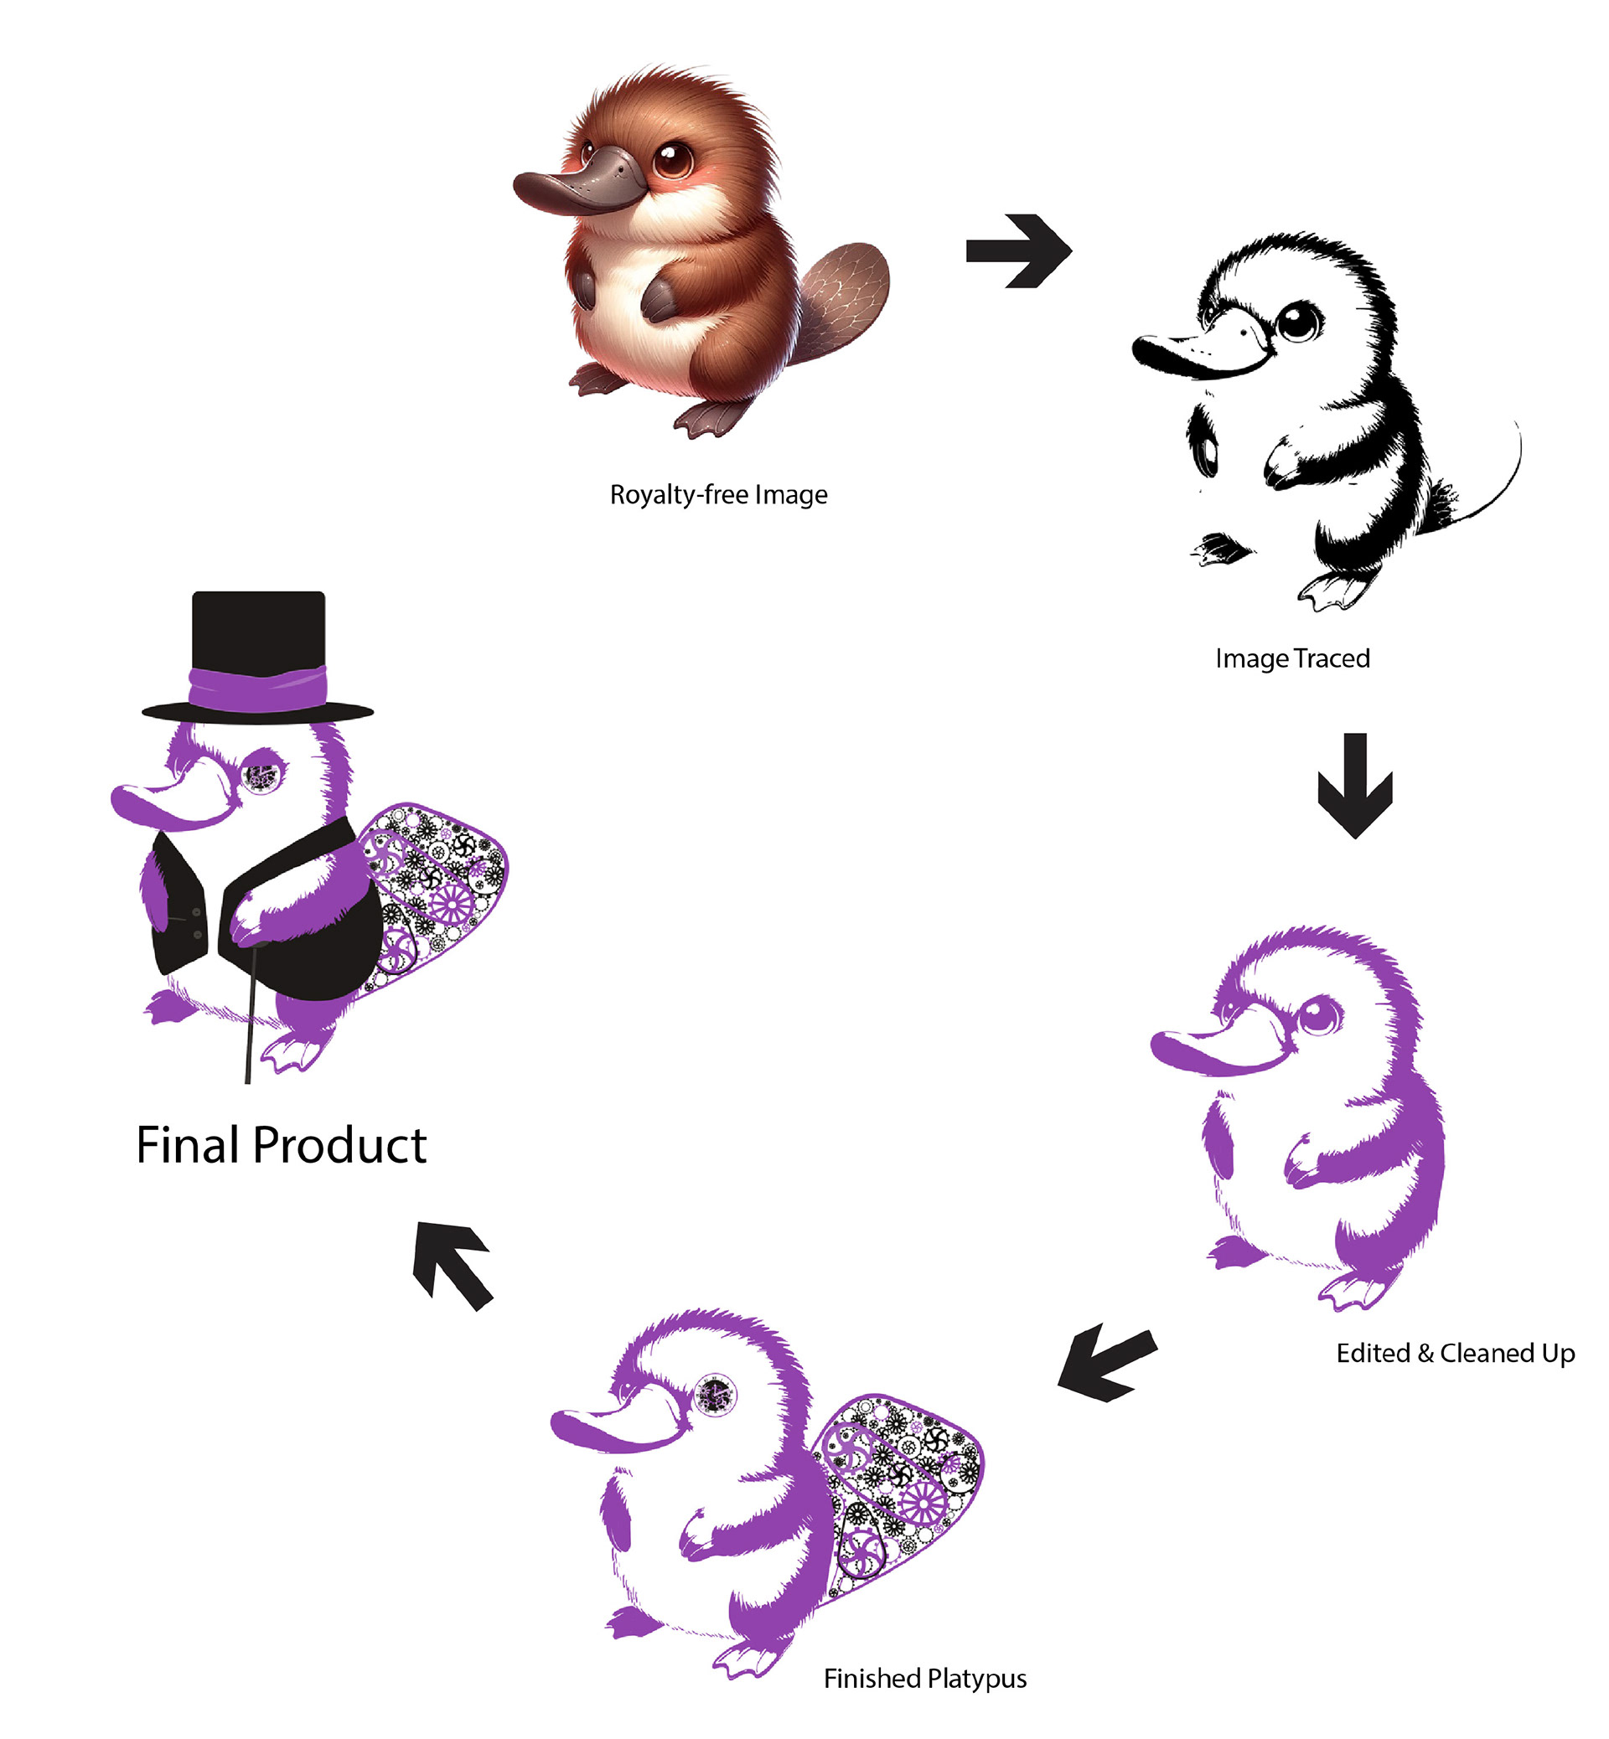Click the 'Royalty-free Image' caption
pos(718,494)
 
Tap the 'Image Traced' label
pos(1292,658)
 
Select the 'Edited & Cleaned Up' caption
pos(1455,1353)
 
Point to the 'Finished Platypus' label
pos(924,1678)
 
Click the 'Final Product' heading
pos(282,1145)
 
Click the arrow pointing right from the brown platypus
pos(1019,250)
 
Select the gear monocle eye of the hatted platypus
pos(261,776)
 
